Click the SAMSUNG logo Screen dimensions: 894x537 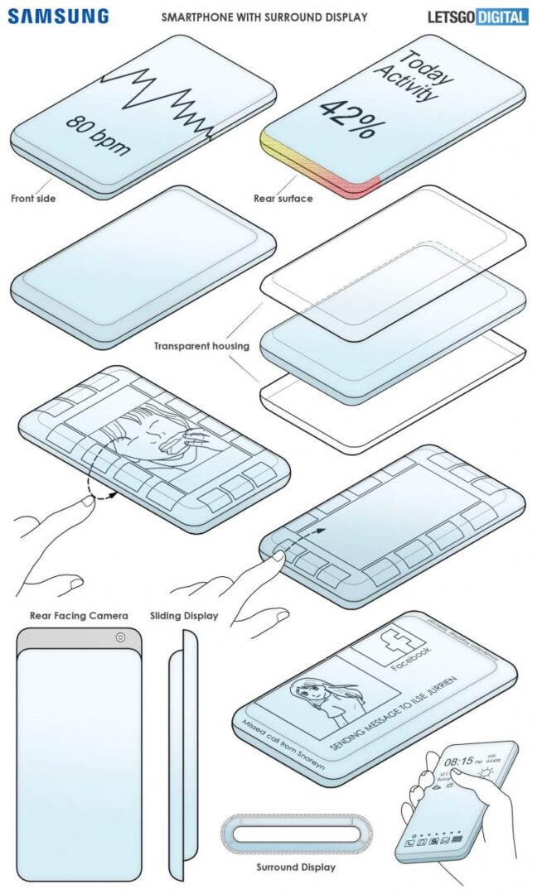[59, 16]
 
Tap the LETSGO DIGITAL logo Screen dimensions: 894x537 [477, 16]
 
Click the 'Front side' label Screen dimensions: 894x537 [33, 199]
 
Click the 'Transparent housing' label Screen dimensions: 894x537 [201, 346]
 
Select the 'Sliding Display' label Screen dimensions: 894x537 [184, 615]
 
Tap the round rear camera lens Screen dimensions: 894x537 [121, 637]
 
